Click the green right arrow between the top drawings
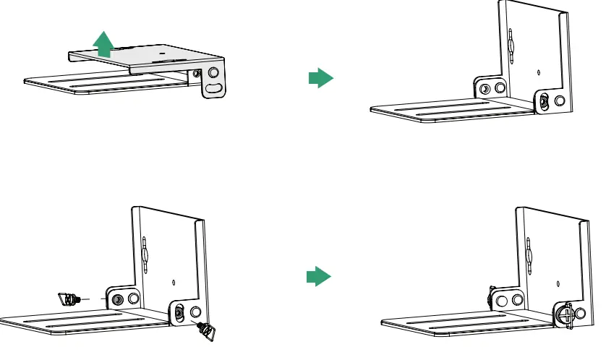point(320,78)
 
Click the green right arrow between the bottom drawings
point(319,276)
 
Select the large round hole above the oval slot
point(213,72)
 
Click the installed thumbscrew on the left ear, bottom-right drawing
point(491,297)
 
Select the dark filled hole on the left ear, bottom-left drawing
point(116,299)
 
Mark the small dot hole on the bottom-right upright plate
point(558,282)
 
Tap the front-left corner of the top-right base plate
point(371,111)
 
